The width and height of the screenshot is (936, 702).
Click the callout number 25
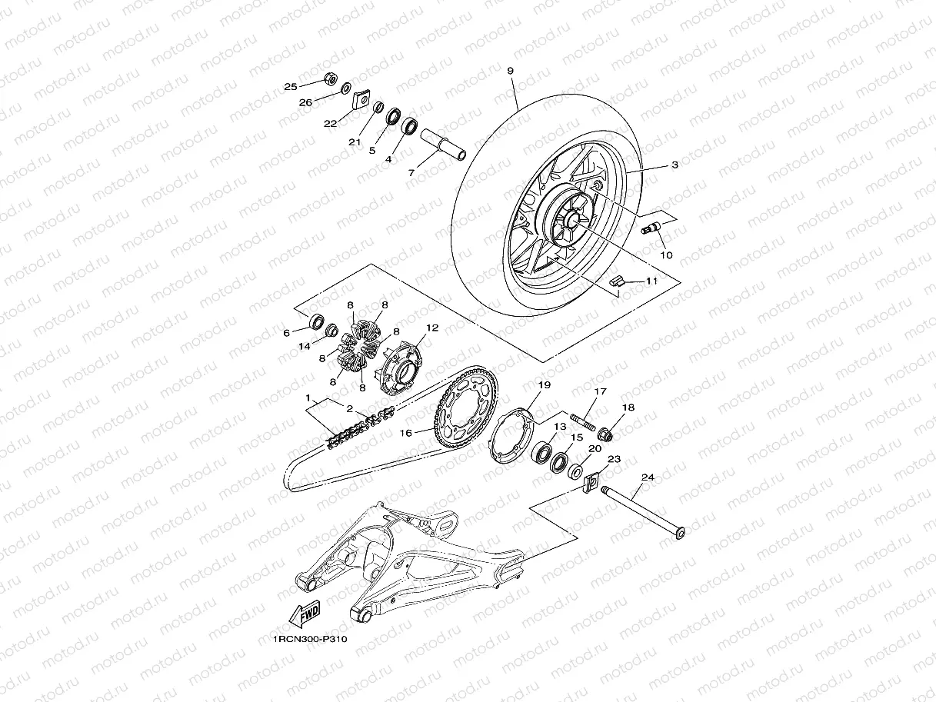(x=291, y=87)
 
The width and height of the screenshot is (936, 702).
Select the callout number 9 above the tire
(x=511, y=71)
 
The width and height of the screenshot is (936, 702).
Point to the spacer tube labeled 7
(x=442, y=145)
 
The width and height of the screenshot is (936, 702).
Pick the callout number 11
(x=651, y=281)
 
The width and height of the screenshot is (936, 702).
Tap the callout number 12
(x=432, y=328)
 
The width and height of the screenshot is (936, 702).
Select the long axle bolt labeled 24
(x=643, y=514)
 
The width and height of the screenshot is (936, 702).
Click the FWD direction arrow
(x=305, y=614)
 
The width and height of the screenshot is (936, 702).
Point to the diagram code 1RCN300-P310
(x=310, y=640)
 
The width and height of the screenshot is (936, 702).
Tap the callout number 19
(x=545, y=385)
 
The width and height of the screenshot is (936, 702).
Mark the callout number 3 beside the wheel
(x=675, y=165)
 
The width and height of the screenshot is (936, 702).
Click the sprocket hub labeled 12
(x=401, y=368)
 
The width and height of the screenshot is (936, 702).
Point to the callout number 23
(x=614, y=459)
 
